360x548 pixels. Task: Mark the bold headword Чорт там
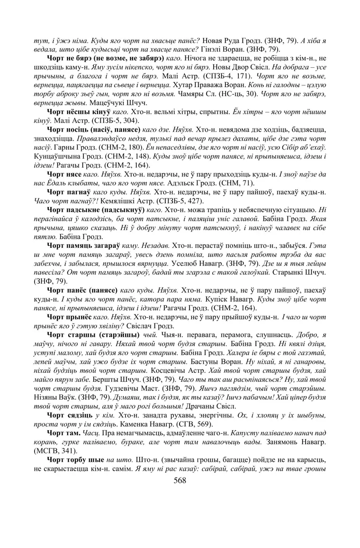(64, 437)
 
